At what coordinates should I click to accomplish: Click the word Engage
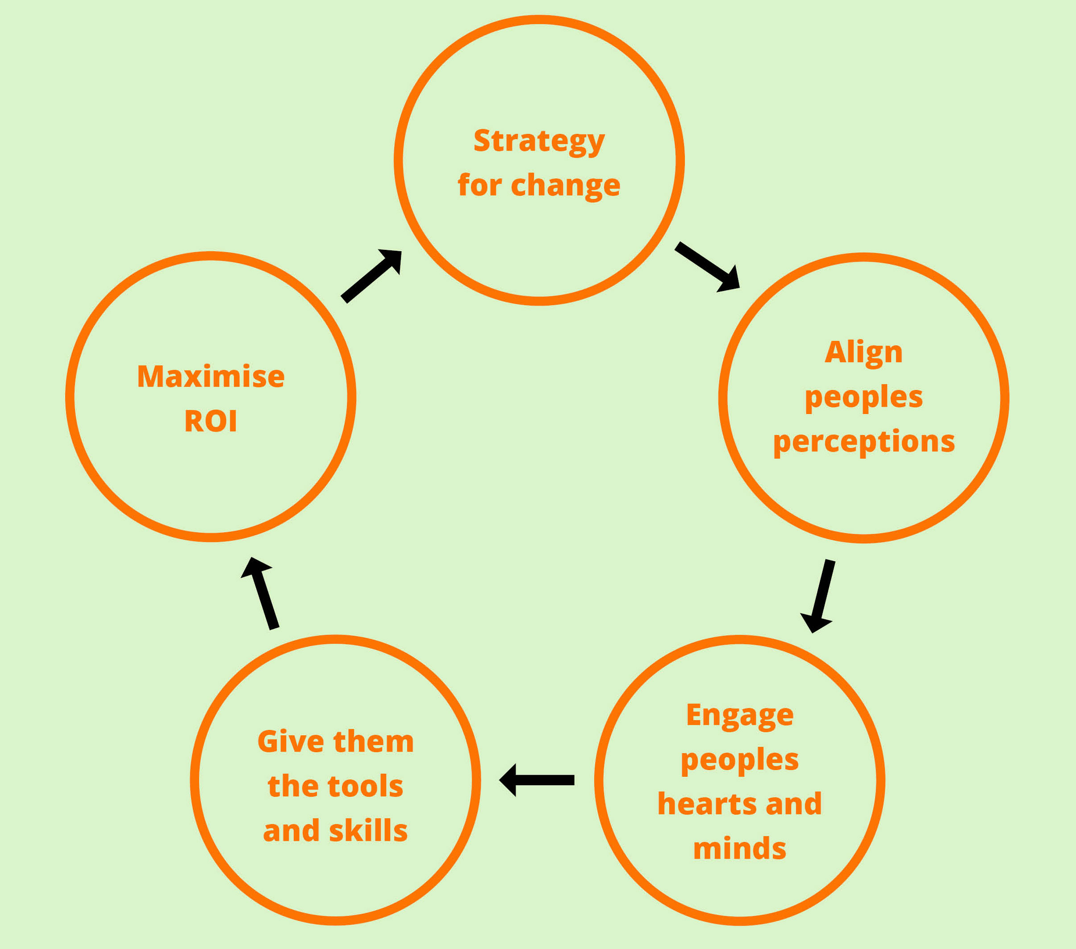pos(740,716)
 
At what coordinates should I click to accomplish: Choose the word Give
pos(290,742)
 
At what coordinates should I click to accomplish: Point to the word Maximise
pos(211,377)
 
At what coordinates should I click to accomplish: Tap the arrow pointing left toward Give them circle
pos(537,780)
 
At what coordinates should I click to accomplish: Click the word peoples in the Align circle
pos(863,397)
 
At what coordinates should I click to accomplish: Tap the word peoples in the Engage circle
pos(740,760)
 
